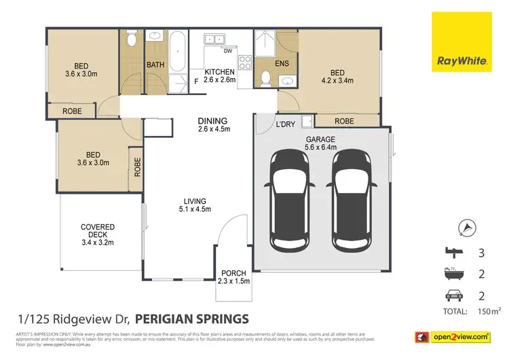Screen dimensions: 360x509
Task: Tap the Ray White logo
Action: click(462, 42)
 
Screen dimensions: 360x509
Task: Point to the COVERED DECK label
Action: click(98, 234)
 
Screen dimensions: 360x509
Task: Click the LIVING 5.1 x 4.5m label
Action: click(193, 204)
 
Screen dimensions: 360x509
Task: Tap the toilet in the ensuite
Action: click(266, 81)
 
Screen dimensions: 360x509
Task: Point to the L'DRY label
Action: click(285, 124)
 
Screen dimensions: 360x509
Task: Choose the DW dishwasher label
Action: click(228, 50)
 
